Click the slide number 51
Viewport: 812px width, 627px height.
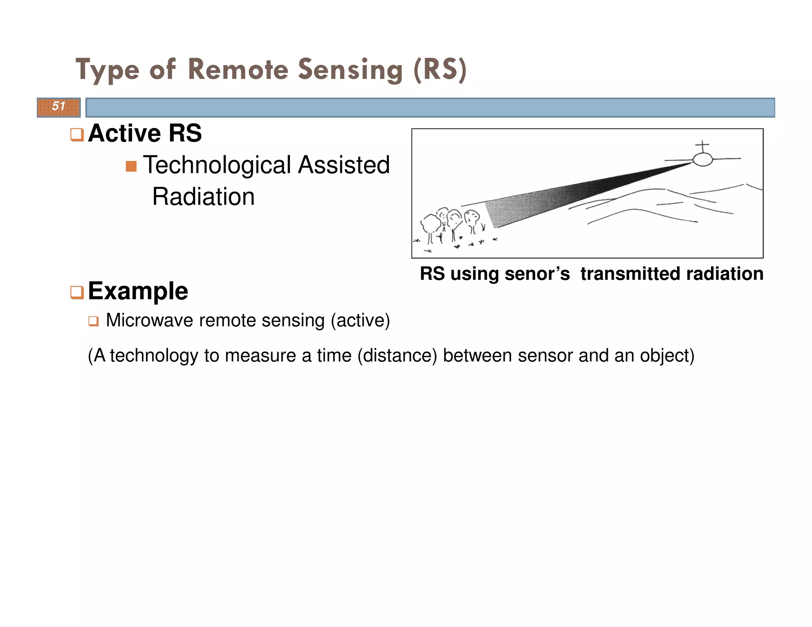tap(59, 106)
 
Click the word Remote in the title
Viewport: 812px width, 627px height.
tap(238, 70)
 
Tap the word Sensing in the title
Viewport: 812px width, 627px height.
tap(350, 70)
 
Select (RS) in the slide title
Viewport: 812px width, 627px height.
tap(440, 70)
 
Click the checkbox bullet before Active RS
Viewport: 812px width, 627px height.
tap(77, 134)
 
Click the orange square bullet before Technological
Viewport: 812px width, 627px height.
tap(131, 166)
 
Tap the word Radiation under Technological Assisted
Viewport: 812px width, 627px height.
tap(203, 197)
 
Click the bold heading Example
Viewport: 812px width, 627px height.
tap(138, 291)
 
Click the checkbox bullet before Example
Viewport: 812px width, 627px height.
tap(77, 292)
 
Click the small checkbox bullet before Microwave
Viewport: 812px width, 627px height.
tap(93, 321)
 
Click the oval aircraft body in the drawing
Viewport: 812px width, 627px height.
tap(703, 159)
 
